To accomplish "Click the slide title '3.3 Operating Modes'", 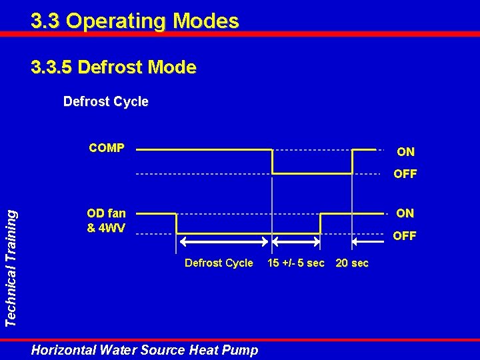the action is click(x=135, y=21).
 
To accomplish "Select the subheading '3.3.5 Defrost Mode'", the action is click(x=113, y=67).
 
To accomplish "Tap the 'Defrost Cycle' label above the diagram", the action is click(x=105, y=101).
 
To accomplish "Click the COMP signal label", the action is click(x=106, y=148).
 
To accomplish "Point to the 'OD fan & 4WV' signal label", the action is click(x=106, y=220).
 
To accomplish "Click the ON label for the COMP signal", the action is click(x=405, y=151).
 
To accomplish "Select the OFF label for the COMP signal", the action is click(x=405, y=174).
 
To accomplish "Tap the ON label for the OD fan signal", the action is click(x=405, y=213).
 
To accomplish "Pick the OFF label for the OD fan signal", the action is click(x=405, y=236).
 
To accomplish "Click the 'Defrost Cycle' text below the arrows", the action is click(x=219, y=263).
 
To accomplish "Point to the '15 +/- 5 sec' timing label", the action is click(x=295, y=263).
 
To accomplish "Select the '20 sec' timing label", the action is click(x=352, y=263).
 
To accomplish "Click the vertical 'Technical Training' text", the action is click(x=11, y=266).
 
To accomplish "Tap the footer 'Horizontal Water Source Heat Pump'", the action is click(x=144, y=349).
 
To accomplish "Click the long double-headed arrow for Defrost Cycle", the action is click(x=224, y=243).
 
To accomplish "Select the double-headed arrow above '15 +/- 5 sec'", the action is click(x=296, y=243).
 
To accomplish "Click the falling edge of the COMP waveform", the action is click(x=272, y=161).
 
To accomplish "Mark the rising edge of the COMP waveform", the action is click(x=352, y=161).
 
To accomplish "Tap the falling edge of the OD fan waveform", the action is click(x=176, y=223).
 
